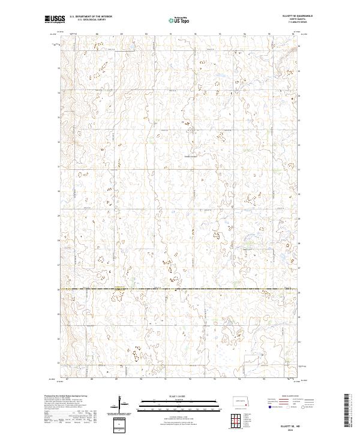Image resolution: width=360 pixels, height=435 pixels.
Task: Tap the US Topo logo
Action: click(x=180, y=20)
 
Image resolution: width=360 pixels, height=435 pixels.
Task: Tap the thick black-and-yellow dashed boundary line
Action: click(x=180, y=289)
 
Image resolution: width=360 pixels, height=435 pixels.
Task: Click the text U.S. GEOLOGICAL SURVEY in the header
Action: click(x=91, y=20)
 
